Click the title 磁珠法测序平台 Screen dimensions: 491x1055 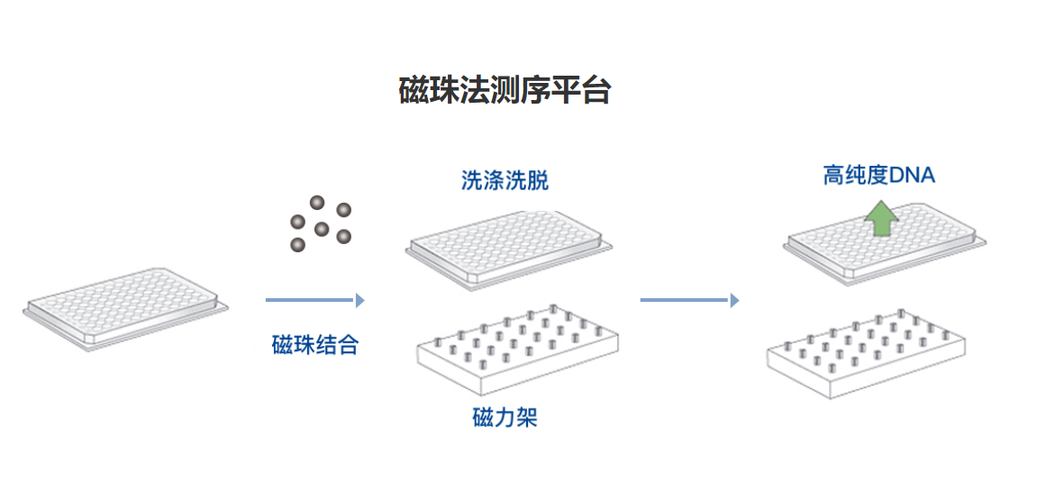pos(505,90)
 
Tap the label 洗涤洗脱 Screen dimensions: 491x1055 pos(505,180)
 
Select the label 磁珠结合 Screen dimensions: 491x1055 pos(315,345)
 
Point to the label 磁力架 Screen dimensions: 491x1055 pos(505,418)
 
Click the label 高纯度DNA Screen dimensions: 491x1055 pos(878,175)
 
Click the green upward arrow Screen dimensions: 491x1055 pos(879,218)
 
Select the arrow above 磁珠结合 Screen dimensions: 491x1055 pos(314,300)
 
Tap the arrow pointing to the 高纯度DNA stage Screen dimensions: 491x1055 pos(689,300)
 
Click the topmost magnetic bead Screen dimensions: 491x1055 pos(316,203)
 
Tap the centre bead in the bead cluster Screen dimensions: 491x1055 pos(321,229)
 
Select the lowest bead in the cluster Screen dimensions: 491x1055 pos(297,244)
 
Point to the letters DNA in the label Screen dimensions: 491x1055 pos(912,175)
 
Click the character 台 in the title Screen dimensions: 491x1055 pos(596,90)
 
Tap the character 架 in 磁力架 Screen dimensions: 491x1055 pos(526,418)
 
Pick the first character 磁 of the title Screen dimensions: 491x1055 pos(414,90)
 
